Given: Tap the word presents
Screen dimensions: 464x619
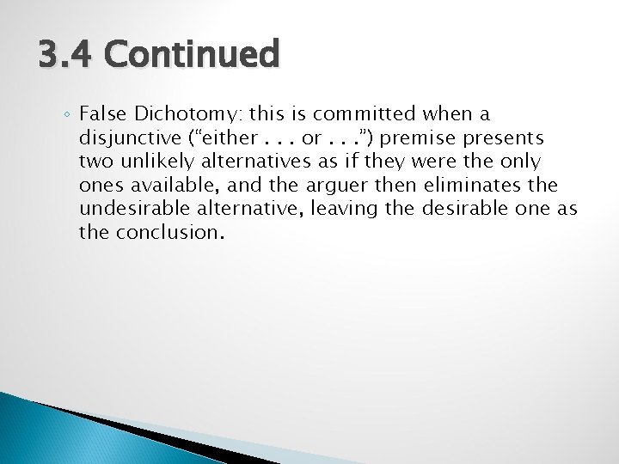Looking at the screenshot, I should [x=507, y=137].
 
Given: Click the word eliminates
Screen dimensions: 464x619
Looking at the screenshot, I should [x=470, y=184].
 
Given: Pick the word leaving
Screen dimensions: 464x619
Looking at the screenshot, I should [x=340, y=207].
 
